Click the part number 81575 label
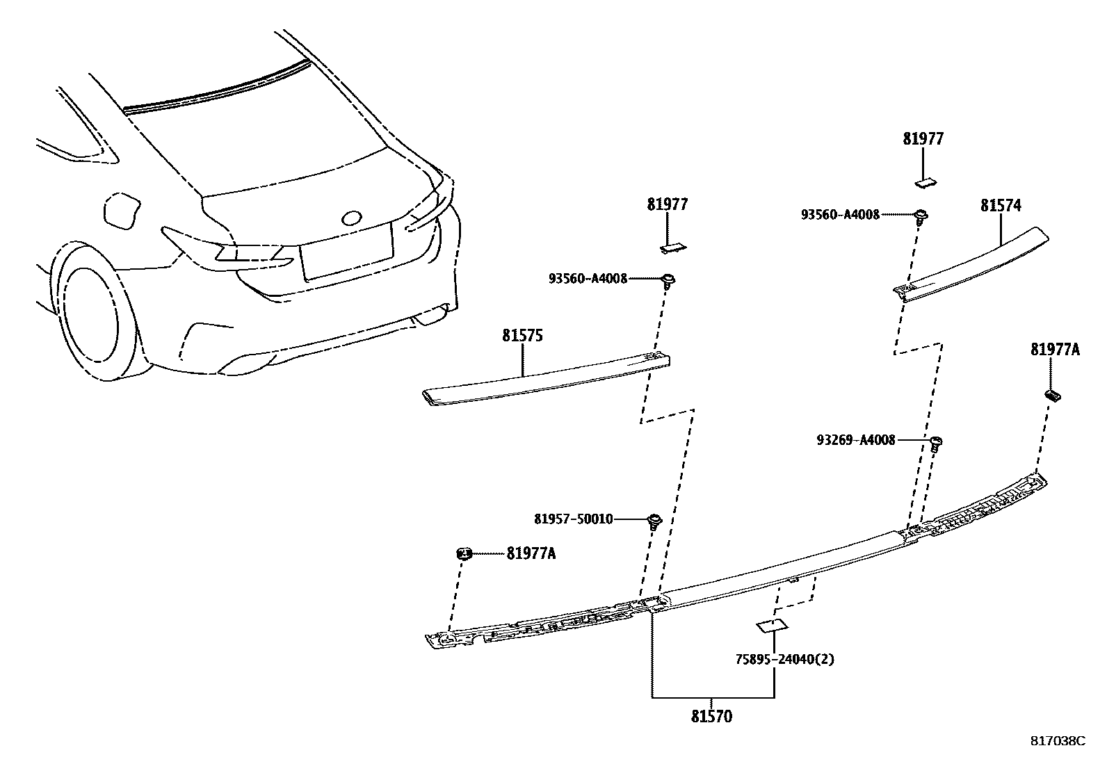tap(522, 336)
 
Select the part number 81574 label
tap(1001, 206)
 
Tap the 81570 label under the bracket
tap(711, 716)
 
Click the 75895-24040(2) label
tap(784, 658)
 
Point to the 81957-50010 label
tap(574, 519)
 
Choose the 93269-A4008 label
tap(856, 440)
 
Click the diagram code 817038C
tap(1057, 741)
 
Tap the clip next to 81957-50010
tap(654, 521)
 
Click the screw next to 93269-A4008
tap(936, 442)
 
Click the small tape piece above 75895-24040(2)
tap(771, 626)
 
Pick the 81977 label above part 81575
tap(667, 204)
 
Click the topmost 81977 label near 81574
tap(923, 139)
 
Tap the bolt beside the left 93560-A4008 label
tap(669, 280)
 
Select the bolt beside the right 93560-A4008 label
tap(921, 216)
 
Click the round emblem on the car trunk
tap(351, 218)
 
